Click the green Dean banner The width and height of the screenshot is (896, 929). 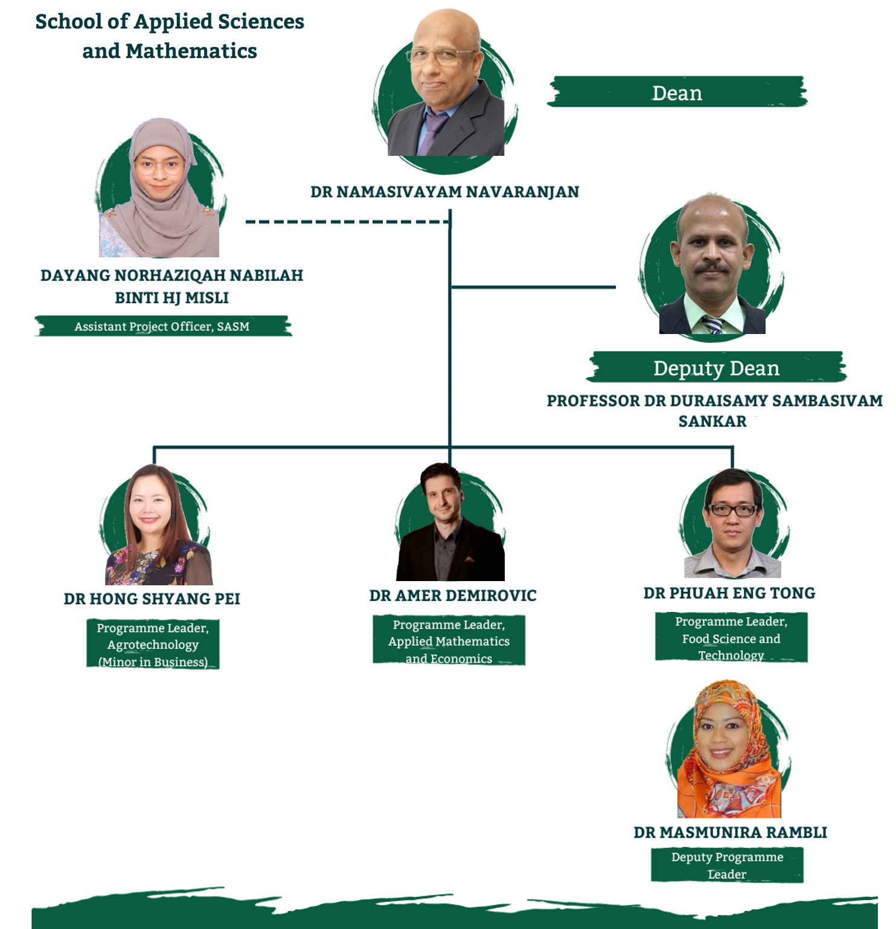point(677,92)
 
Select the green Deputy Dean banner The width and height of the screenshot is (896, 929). point(717,367)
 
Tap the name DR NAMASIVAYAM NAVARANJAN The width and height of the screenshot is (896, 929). point(445,192)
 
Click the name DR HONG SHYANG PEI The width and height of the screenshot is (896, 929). point(152,599)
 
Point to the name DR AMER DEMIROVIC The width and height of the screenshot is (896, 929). point(453,596)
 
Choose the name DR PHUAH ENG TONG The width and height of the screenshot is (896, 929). point(729,593)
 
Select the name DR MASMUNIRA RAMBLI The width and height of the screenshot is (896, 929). point(731,832)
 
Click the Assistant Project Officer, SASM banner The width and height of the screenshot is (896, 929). point(162,326)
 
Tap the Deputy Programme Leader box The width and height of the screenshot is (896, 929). point(727,865)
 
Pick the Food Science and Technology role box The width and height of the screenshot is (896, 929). point(731,638)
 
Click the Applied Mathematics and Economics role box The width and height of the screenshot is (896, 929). point(449,640)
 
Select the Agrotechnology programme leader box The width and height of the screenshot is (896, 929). point(153,644)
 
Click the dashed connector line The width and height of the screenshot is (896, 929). point(347,222)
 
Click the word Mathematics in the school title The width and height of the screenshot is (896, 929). point(191,51)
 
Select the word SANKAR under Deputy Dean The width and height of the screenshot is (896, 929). point(712,421)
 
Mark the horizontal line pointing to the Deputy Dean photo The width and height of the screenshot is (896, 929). point(533,287)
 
